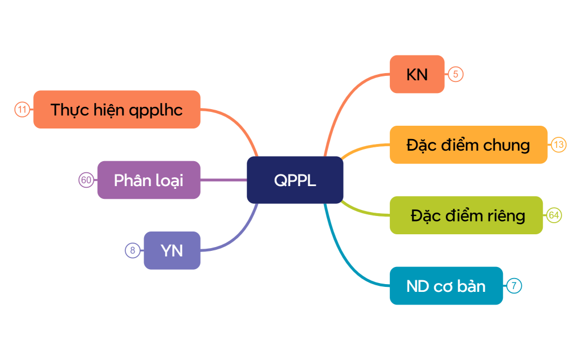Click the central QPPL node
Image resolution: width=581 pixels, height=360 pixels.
[x=295, y=180]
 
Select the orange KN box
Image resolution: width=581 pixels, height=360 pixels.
[x=417, y=74]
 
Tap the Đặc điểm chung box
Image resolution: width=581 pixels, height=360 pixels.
[x=468, y=145]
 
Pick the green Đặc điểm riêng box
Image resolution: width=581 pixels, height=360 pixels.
[x=466, y=215]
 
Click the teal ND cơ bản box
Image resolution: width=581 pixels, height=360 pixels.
[x=446, y=286]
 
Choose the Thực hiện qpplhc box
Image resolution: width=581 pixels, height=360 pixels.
[x=116, y=110]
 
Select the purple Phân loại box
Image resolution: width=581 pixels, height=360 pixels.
[x=148, y=180]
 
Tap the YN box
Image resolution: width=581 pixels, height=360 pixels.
[x=172, y=250]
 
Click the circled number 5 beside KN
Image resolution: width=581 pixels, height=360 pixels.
[x=455, y=74]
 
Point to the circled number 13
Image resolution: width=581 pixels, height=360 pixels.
[x=558, y=145]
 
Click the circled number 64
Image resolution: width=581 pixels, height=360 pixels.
[x=554, y=215]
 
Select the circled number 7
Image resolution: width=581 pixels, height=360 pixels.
[x=514, y=286]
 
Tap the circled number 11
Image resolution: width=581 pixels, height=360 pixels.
[x=22, y=110]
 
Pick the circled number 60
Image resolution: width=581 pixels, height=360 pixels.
[x=86, y=180]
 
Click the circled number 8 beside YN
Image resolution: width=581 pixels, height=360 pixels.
[x=132, y=250]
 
